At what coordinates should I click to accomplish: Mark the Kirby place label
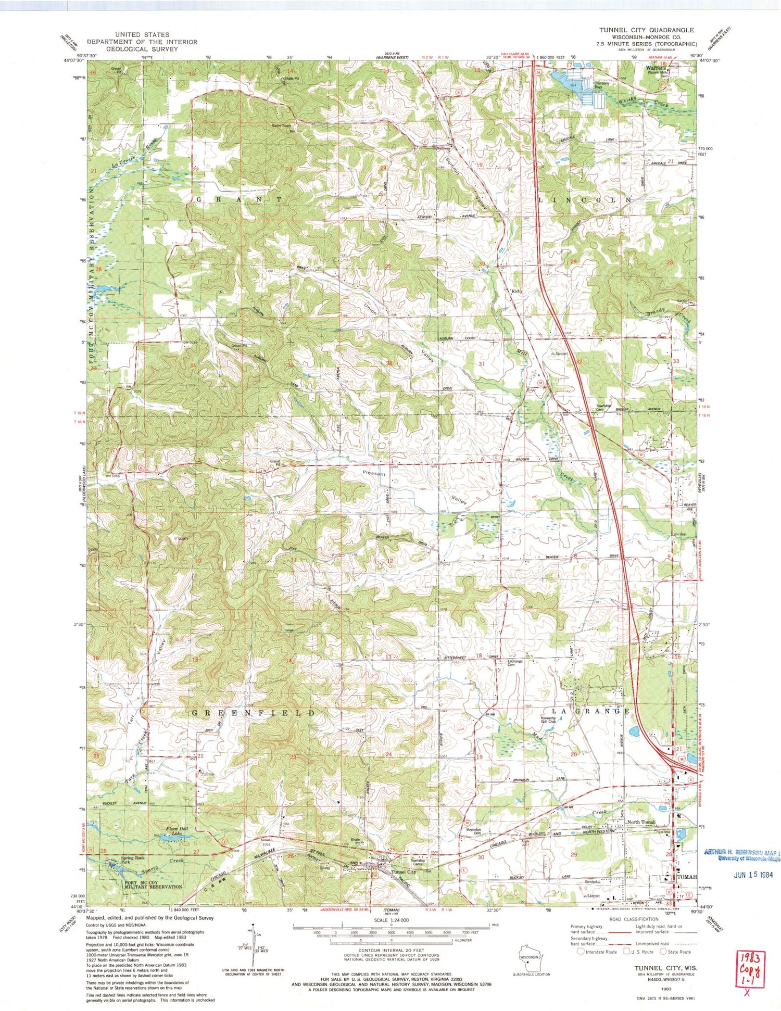pos(517,291)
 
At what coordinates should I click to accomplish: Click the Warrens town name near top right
pos(656,68)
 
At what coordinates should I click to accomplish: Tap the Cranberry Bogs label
pos(595,84)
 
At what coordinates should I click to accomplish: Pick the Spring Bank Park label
pos(130,860)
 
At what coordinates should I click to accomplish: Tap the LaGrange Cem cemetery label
pos(515,664)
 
